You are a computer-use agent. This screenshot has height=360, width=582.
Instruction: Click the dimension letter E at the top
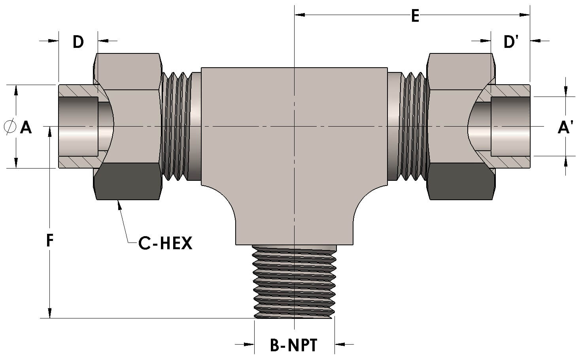[415, 16]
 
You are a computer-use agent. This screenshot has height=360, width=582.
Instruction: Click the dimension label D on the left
[78, 42]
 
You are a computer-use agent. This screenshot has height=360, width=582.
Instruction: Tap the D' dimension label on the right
[511, 42]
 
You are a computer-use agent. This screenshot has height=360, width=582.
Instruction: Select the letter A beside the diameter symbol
[26, 127]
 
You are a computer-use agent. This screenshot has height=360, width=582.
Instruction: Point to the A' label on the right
[565, 127]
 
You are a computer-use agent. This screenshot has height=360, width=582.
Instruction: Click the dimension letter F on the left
[49, 240]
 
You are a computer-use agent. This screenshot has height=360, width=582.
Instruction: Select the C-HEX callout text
[165, 243]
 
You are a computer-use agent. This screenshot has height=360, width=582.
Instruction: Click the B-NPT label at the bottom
[294, 345]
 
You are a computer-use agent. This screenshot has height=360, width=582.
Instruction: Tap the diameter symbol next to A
[10, 127]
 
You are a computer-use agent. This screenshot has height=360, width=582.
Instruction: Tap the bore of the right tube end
[510, 127]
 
